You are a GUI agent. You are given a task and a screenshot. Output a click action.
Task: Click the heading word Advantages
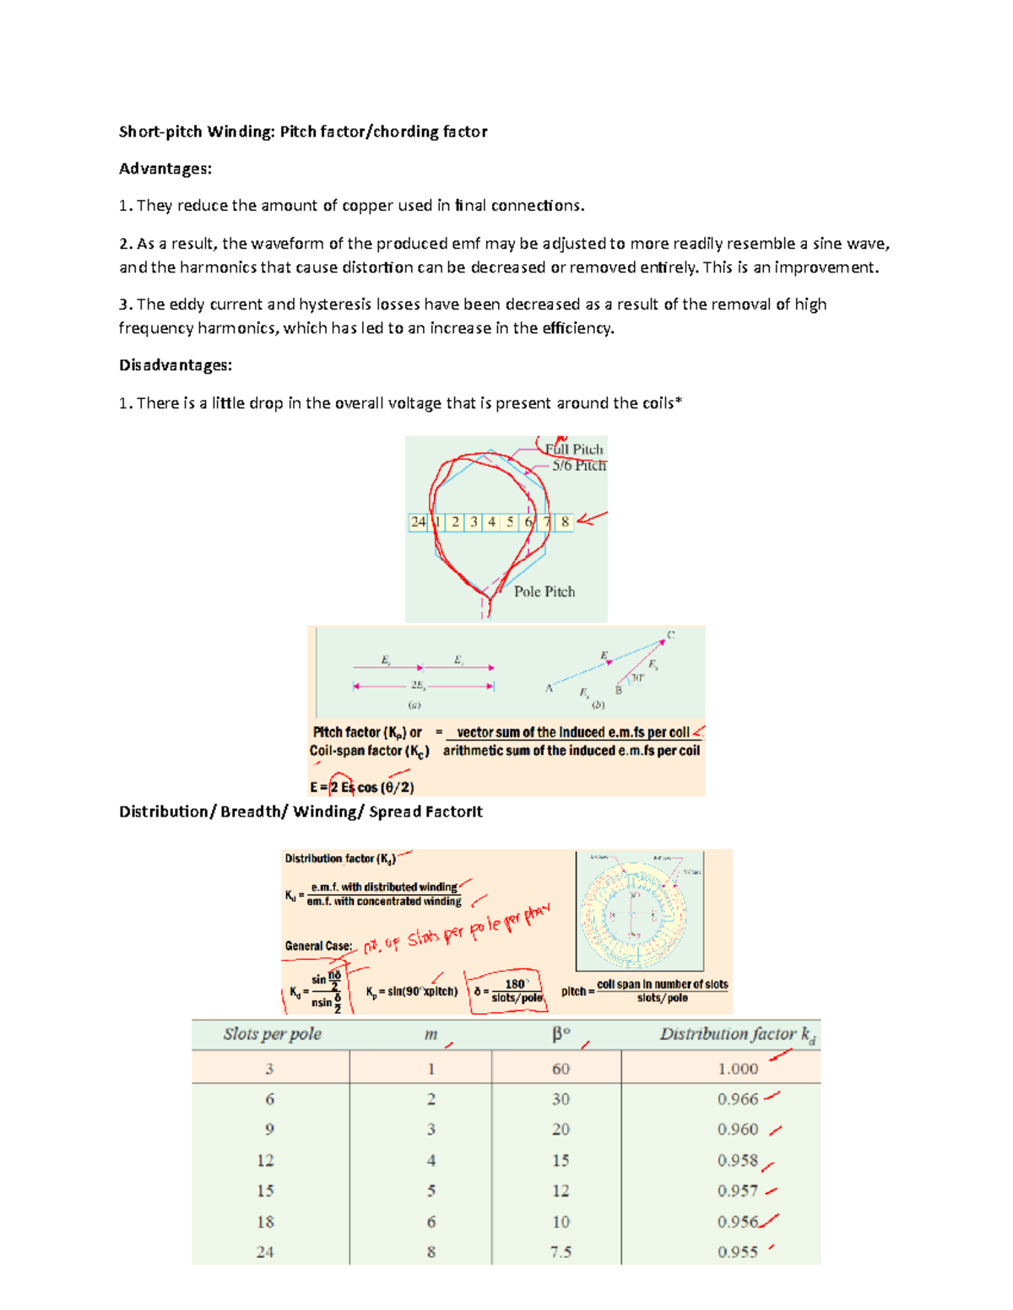[165, 169]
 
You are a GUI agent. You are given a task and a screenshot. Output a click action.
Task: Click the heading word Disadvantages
[175, 365]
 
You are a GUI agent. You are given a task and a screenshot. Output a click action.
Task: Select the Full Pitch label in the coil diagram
[575, 449]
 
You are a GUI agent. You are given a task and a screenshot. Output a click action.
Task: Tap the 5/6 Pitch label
[579, 466]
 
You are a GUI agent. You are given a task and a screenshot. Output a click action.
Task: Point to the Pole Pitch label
[544, 591]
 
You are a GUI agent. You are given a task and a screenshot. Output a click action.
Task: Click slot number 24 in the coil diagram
[418, 522]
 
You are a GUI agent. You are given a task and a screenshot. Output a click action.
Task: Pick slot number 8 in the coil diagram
[565, 522]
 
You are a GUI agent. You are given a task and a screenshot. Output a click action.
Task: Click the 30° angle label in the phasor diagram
[638, 677]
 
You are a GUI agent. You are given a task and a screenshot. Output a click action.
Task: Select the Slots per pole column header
[272, 1034]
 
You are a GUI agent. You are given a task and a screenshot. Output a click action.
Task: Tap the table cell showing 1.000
[738, 1069]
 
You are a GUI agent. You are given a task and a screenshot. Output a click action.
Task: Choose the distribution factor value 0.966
[738, 1099]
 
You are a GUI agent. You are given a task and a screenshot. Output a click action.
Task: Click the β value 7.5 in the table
[561, 1252]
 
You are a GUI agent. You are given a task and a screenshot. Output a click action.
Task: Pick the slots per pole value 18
[265, 1221]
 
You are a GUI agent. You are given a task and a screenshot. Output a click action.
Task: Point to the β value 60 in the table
[561, 1069]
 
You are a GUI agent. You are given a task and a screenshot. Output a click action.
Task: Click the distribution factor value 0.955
[738, 1252]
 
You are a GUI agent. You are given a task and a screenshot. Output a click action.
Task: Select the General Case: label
[318, 946]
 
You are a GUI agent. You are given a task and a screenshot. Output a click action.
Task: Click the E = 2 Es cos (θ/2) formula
[361, 787]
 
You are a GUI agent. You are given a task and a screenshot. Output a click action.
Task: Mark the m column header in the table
[431, 1035]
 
